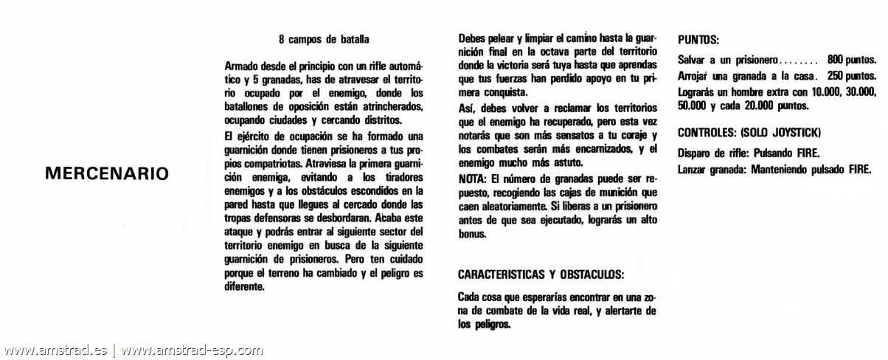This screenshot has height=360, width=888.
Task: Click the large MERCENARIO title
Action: click(x=107, y=173)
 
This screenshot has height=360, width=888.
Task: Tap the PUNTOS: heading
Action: click(x=698, y=39)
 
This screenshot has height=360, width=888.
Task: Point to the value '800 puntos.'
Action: click(x=851, y=60)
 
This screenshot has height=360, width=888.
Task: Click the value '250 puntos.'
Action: click(x=851, y=76)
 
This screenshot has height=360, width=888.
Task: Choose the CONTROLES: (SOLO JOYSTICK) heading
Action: click(x=749, y=133)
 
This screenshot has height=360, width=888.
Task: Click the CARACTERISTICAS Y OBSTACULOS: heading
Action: click(x=541, y=275)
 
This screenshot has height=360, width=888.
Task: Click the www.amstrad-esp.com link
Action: click(x=192, y=350)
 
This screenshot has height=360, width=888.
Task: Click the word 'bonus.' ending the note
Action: click(x=473, y=235)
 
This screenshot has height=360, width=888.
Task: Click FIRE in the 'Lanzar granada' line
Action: click(x=858, y=169)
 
